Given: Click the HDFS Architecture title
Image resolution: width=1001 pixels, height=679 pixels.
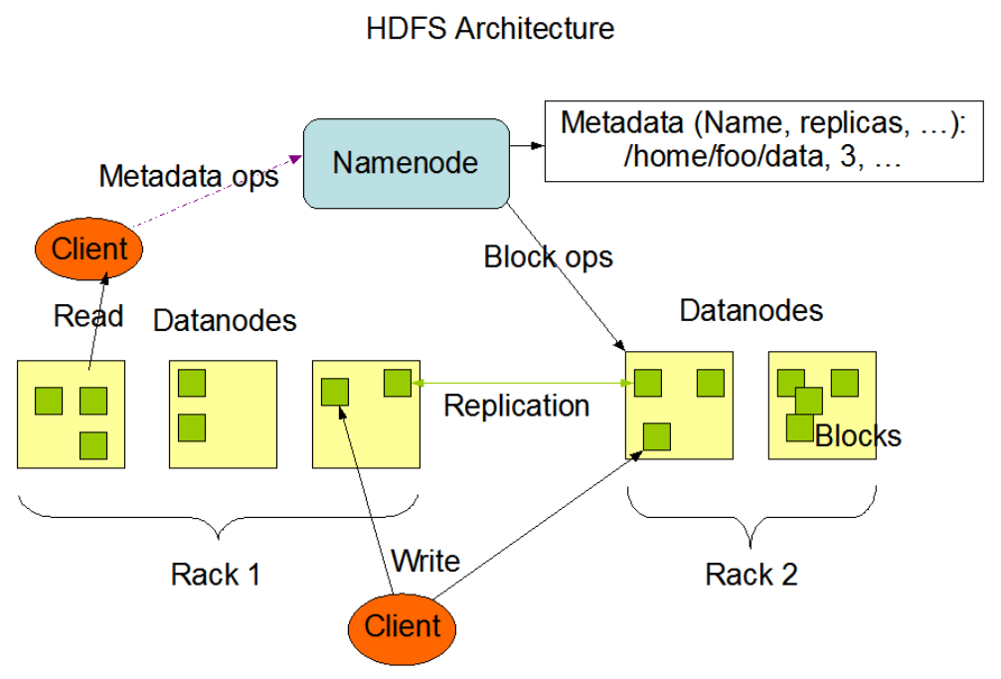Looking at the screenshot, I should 490,28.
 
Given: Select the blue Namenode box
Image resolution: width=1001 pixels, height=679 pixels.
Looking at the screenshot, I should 405,163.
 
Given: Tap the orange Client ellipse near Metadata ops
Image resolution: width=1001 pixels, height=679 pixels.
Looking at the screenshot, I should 90,249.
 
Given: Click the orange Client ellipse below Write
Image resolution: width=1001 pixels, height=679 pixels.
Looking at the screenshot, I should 402,626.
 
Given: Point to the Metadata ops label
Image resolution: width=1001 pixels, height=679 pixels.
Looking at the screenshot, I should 188,177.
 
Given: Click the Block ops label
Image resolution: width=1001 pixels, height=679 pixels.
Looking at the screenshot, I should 548,256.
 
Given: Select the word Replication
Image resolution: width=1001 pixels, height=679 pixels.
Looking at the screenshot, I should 516,406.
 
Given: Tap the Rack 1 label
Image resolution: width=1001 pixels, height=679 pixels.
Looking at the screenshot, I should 216,574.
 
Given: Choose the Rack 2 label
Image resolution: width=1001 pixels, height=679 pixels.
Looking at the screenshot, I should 751,574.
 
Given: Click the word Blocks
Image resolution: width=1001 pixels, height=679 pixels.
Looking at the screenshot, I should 858,435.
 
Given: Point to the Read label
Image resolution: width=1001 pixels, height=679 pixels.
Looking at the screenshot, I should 88,316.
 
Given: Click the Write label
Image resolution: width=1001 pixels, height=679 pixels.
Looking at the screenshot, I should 425,561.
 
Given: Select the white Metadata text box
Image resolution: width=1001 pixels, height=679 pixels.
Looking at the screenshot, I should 762,141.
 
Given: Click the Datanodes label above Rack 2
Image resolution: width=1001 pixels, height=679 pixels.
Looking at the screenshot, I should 751,310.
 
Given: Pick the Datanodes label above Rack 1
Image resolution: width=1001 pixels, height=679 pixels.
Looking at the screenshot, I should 225,321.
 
